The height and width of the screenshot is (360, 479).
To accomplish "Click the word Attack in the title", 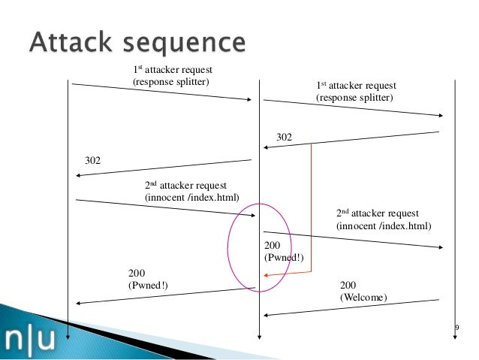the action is point(71,41).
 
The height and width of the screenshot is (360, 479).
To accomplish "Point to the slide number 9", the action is point(457,328).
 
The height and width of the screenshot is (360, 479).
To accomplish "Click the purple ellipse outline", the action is point(228,248).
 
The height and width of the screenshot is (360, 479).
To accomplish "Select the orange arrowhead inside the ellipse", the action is point(266,275).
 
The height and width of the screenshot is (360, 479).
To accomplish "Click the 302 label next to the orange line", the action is point(284,137).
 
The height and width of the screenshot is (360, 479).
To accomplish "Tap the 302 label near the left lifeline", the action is point(92,160).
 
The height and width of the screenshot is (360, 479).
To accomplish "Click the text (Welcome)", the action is point(363,298).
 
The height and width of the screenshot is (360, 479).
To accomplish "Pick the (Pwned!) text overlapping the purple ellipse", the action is point(284,258).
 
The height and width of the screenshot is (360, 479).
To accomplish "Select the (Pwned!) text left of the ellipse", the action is point(148,286).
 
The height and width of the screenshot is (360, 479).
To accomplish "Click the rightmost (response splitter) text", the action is point(354,98).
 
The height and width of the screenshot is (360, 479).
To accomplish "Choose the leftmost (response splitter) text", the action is point(171,82).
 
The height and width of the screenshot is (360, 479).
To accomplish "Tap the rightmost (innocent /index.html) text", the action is point(384,226).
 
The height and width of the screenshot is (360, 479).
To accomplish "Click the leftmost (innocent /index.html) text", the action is point(192,198).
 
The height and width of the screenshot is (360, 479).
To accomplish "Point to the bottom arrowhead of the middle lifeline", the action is point(259,337).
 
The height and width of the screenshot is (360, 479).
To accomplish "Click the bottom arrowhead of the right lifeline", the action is point(455,337).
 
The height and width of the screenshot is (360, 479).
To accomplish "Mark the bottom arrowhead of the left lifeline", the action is point(68,337).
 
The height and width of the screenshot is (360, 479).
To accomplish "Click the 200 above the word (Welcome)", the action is point(348,285).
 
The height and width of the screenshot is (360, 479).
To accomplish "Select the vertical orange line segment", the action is point(312,207).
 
